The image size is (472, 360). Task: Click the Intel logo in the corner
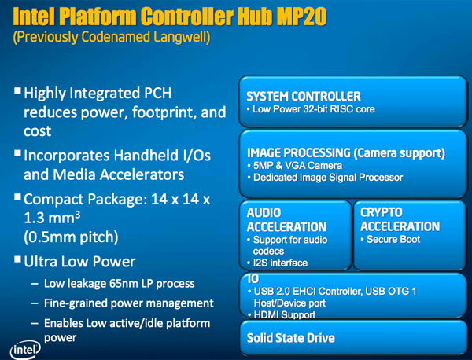pyautogui.click(x=25, y=350)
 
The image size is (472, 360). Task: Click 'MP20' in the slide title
pyautogui.click(x=301, y=17)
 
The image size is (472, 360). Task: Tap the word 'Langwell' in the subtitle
pyautogui.click(x=182, y=37)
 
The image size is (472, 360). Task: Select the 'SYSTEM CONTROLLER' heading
pyautogui.click(x=304, y=96)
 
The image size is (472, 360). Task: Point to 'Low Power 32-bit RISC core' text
pyautogui.click(x=314, y=109)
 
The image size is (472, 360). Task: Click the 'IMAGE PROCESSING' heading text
pyautogui.click(x=299, y=152)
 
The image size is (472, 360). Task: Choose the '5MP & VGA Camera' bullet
pyautogui.click(x=297, y=165)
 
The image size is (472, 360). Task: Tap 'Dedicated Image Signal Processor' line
pyautogui.click(x=328, y=178)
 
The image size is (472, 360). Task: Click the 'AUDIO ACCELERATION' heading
pyautogui.click(x=286, y=220)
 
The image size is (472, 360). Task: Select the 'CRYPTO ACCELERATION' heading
pyautogui.click(x=400, y=219)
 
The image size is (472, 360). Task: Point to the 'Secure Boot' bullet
pyautogui.click(x=393, y=240)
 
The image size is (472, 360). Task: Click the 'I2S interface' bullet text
pyautogui.click(x=280, y=263)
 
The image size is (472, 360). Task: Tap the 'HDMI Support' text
pyautogui.click(x=285, y=314)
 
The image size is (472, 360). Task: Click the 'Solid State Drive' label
pyautogui.click(x=291, y=338)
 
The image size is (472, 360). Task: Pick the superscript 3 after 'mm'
pyautogui.click(x=78, y=214)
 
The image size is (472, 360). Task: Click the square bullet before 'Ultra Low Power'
pyautogui.click(x=17, y=259)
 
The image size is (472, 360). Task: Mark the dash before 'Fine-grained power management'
pyautogui.click(x=35, y=303)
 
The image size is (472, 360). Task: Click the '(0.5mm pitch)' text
pyautogui.click(x=71, y=237)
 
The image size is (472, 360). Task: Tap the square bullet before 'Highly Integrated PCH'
pyautogui.click(x=17, y=90)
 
